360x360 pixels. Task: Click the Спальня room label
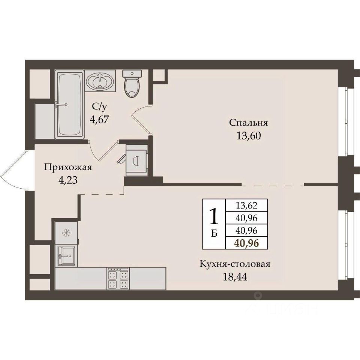[249, 123]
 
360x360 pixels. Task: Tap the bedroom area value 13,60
[249, 136]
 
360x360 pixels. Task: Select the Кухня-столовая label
[235, 264]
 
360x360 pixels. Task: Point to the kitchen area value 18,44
[235, 277]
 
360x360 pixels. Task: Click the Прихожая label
[68, 167]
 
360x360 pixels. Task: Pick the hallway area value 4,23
[68, 180]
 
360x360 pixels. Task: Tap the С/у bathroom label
[99, 106]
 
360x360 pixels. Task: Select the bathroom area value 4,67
[99, 119]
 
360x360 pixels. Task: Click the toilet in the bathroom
[132, 84]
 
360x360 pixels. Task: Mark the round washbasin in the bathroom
[100, 81]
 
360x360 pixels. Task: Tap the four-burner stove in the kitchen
[118, 278]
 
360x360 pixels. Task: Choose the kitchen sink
[66, 255]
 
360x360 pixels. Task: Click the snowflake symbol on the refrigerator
[66, 233]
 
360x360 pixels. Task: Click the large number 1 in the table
[214, 216]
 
